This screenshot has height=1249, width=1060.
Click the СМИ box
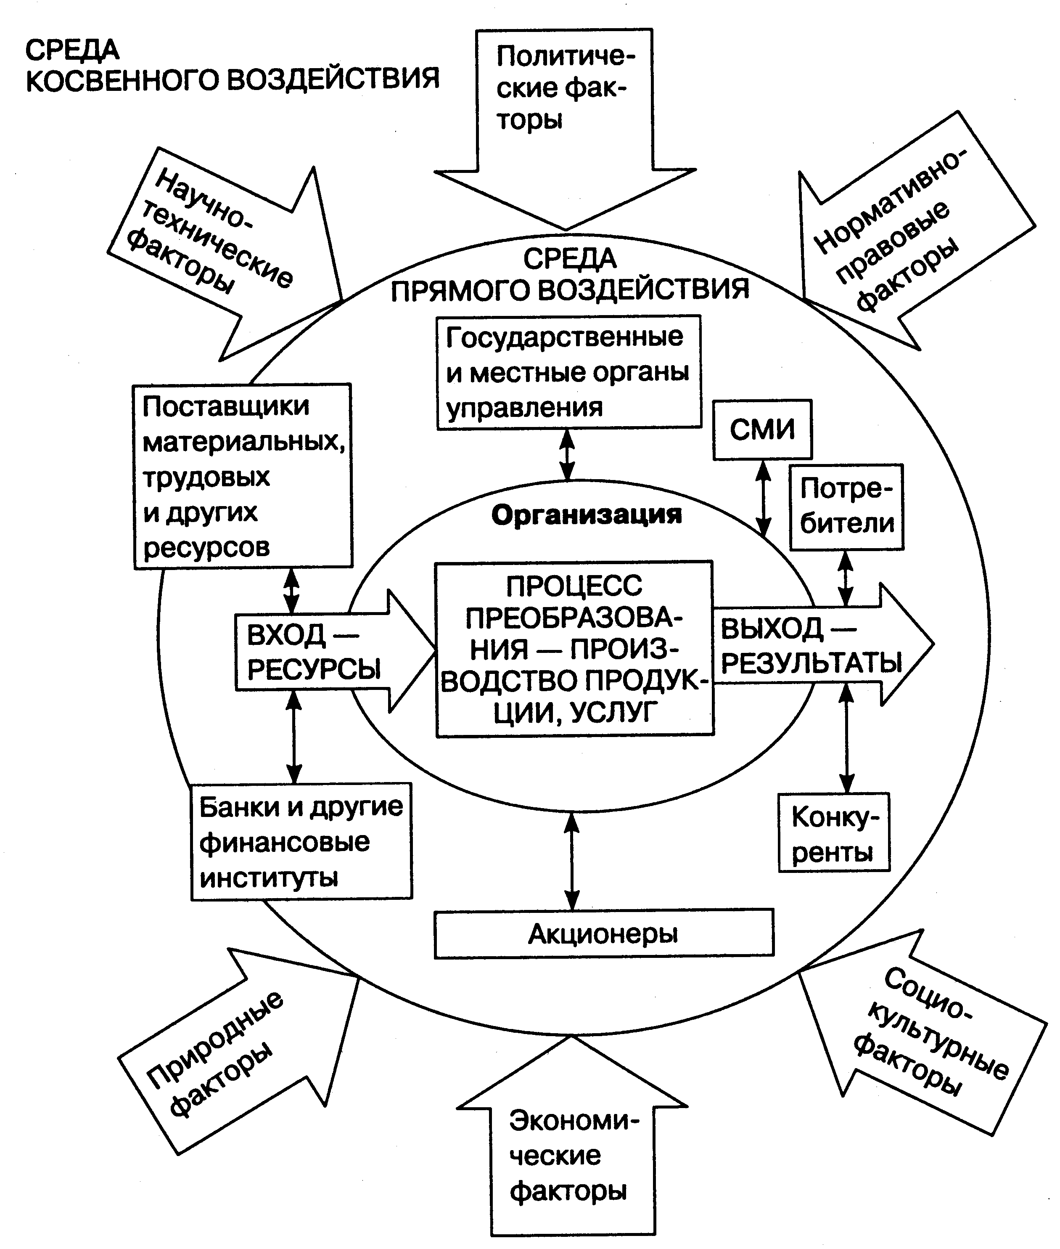pos(762,430)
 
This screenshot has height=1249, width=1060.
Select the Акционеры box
pos(603,933)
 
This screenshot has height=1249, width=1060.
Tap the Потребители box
pos(846,506)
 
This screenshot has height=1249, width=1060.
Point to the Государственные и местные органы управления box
pos(568,372)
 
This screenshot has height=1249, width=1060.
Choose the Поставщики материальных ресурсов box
pos(242,476)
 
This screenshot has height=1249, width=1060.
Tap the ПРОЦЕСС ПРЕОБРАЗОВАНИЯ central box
pos(574,649)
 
